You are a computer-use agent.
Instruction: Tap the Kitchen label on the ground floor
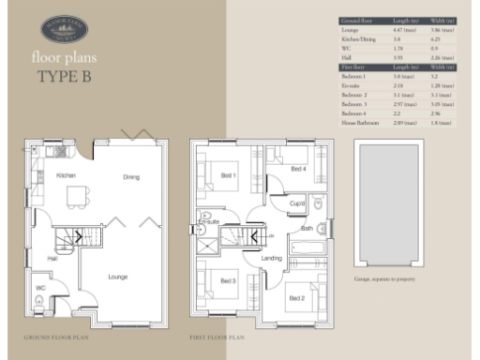click(x=67, y=175)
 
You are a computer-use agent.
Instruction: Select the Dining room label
click(x=131, y=176)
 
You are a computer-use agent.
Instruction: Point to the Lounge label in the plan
click(x=117, y=277)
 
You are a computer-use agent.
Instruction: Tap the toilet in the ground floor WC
click(x=37, y=299)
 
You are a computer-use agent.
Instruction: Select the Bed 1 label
click(x=228, y=175)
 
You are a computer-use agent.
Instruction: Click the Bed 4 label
click(x=297, y=169)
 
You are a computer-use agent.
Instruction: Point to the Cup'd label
click(x=297, y=203)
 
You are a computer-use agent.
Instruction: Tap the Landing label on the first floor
click(x=272, y=259)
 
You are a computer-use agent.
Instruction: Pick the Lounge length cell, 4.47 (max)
click(x=393, y=31)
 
